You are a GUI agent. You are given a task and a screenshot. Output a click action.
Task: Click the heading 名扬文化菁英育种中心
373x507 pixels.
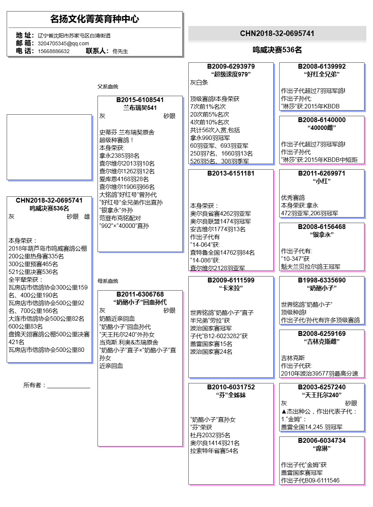[x=95, y=19]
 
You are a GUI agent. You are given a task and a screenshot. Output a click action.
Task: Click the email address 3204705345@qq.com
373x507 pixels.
[x=63, y=43]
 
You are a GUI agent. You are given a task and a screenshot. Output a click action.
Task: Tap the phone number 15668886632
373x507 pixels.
[x=53, y=51]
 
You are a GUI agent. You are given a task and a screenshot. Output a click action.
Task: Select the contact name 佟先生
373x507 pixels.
[x=120, y=51]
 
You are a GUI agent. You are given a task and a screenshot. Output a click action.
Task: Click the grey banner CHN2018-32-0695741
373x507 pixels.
[x=277, y=33]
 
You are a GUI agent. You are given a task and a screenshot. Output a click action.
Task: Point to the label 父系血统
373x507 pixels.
[x=108, y=86]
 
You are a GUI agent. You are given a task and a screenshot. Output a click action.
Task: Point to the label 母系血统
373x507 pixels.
[x=108, y=281]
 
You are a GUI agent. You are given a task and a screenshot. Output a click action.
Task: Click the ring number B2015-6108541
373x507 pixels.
[x=140, y=100]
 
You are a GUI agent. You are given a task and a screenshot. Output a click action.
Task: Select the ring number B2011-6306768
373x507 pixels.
[x=140, y=294]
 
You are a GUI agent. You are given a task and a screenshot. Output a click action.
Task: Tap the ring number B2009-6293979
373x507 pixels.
[x=231, y=66]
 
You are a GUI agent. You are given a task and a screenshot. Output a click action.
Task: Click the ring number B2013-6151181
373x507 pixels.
[x=231, y=173]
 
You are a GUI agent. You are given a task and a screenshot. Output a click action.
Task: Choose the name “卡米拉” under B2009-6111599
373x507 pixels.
[x=231, y=288]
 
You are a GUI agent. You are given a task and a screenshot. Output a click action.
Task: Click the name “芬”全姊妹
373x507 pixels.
[x=231, y=395]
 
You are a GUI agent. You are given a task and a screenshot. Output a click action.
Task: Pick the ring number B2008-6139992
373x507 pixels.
[x=321, y=66]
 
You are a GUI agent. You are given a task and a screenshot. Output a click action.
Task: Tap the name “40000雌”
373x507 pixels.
[x=321, y=128]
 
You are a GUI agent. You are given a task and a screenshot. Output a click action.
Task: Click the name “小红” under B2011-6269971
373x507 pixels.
[x=321, y=181]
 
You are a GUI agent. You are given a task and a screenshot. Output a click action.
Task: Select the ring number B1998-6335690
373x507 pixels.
[x=321, y=280]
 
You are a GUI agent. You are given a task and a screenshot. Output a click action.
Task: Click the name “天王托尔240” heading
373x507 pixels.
[x=321, y=395]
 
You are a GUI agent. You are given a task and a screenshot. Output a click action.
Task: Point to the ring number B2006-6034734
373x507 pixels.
[x=321, y=441]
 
